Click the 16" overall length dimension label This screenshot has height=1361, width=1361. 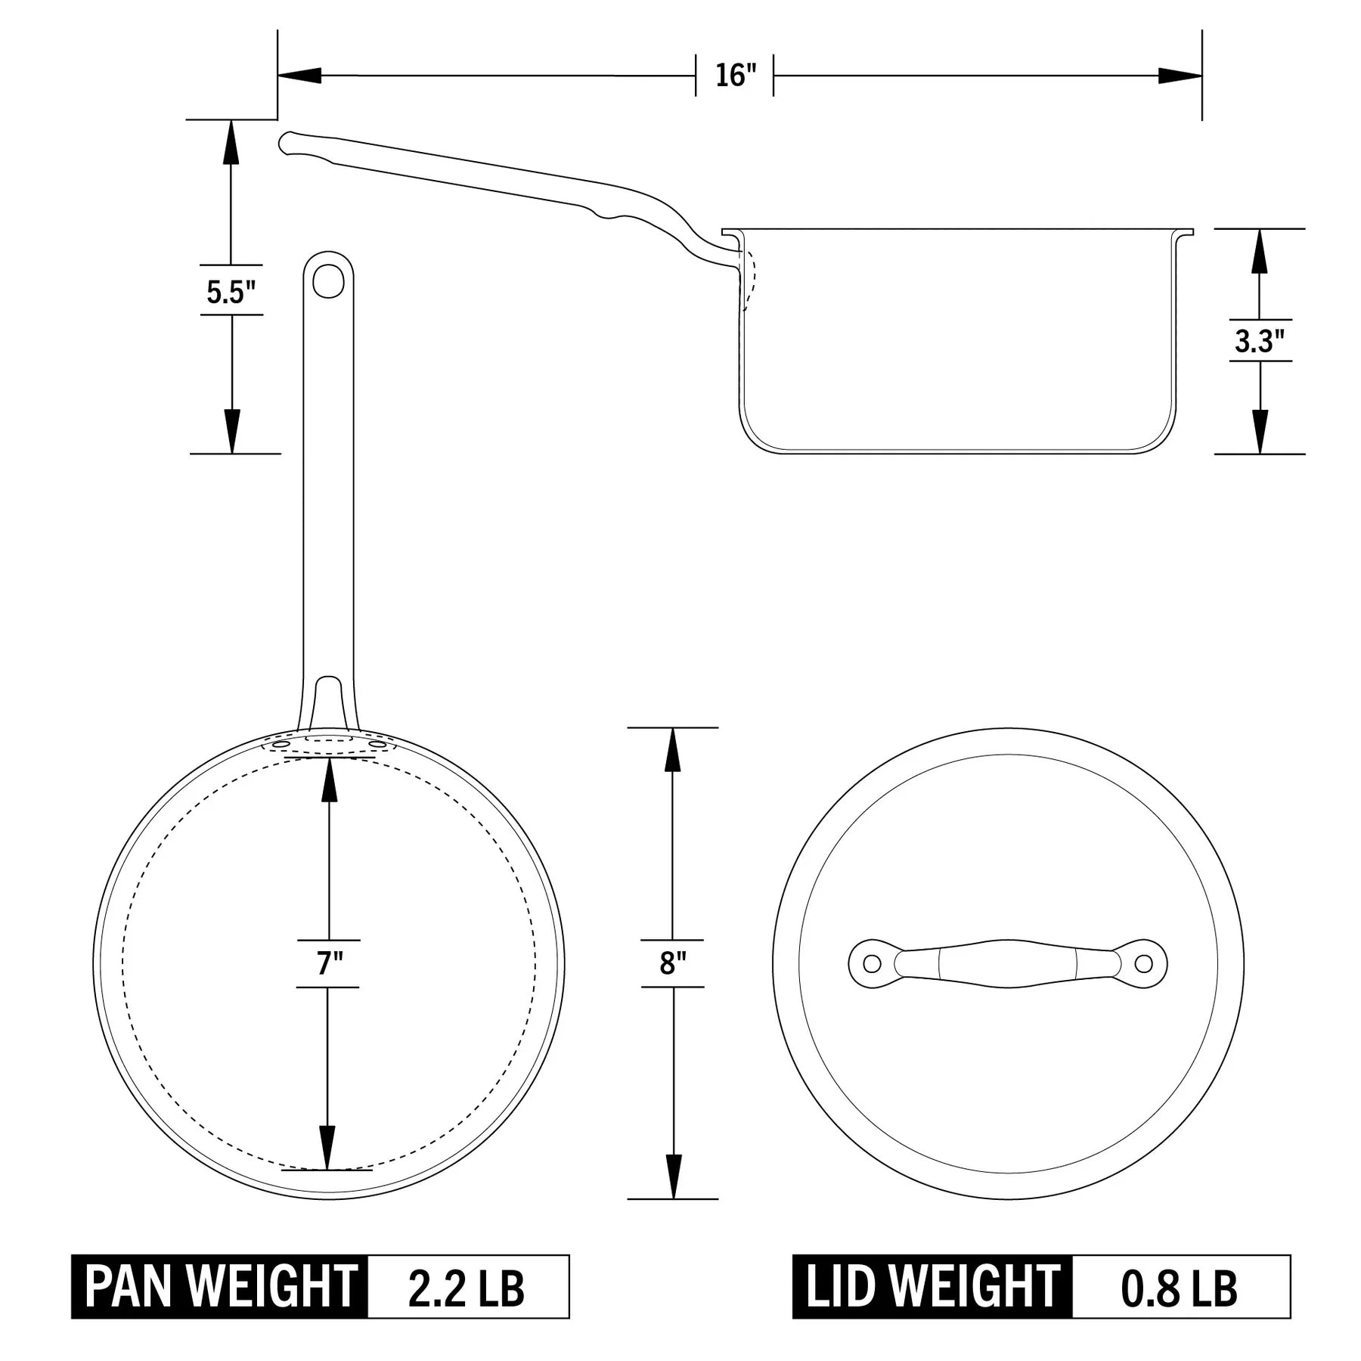[735, 76]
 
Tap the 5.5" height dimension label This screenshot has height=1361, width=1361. [231, 291]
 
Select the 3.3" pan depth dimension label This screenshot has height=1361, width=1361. [1259, 341]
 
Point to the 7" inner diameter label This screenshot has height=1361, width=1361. [328, 963]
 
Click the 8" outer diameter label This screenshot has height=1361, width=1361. [672, 963]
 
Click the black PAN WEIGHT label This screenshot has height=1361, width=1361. [220, 1286]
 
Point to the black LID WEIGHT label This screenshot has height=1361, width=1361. [932, 1286]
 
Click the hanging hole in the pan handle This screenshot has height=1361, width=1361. [328, 282]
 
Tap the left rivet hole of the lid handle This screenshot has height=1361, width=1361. [872, 963]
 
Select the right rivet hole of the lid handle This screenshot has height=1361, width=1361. [1144, 963]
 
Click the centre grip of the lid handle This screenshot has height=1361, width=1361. [1008, 963]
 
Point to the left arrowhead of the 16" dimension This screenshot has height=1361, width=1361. [299, 76]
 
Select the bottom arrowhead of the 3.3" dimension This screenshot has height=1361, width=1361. [1260, 432]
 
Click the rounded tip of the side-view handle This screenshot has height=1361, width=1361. [286, 143]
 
